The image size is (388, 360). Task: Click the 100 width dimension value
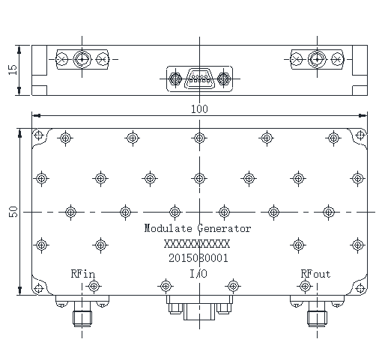click(199, 109)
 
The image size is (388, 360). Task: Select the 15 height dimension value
click(13, 70)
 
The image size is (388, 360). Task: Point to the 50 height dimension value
click(13, 212)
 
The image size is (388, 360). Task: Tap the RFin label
click(83, 274)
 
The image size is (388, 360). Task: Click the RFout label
click(315, 274)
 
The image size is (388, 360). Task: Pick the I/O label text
click(198, 274)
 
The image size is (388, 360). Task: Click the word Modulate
click(169, 228)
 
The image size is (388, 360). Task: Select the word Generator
click(224, 229)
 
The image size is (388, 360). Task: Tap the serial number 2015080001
click(198, 258)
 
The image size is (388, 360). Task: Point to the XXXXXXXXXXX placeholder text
click(197, 243)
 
